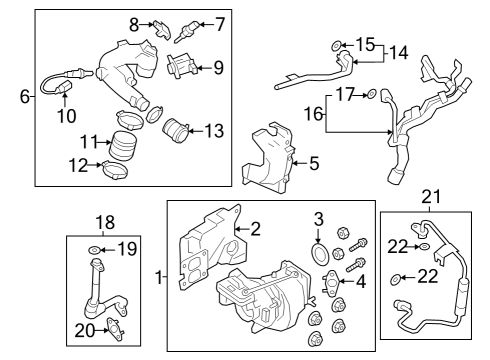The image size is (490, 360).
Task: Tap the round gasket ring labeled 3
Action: (321, 256)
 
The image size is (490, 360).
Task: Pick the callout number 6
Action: (24, 96)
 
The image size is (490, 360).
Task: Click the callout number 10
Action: (66, 116)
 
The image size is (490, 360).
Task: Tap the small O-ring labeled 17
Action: (372, 95)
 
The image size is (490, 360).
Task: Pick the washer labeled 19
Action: (94, 248)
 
